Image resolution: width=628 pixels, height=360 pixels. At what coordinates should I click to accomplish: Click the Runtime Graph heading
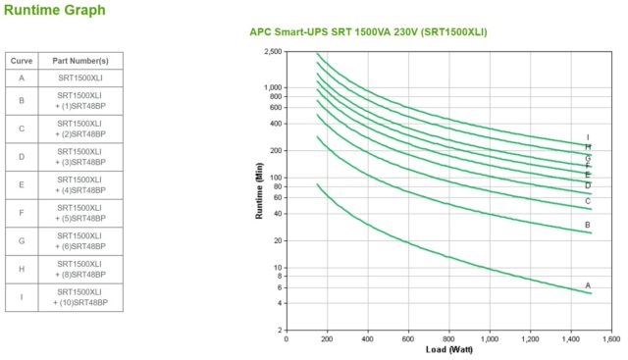point(55,11)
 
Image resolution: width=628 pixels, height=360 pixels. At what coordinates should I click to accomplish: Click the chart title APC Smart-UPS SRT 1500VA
point(369,32)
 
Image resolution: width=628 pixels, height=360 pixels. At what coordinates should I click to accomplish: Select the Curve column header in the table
point(22,61)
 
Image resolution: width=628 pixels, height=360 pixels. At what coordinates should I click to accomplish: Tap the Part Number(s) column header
point(80,61)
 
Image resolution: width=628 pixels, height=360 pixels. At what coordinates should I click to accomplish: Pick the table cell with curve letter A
point(22,77)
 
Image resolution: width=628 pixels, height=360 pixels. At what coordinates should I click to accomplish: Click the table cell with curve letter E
point(22,185)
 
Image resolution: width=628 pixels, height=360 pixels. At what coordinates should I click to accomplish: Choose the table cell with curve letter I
point(22,296)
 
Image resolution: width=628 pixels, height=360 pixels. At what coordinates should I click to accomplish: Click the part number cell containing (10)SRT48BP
point(80,296)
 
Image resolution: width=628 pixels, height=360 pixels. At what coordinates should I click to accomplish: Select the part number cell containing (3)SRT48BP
point(80,156)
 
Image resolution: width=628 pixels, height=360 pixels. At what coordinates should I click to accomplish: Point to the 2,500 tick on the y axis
point(272,52)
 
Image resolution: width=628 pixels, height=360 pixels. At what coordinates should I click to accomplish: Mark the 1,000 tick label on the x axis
point(490,339)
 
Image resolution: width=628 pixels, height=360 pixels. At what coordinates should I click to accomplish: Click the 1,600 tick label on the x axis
point(610,339)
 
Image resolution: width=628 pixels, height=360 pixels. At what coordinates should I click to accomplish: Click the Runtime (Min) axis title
point(260,190)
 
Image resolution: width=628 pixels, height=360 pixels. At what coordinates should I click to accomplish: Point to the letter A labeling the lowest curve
point(588,285)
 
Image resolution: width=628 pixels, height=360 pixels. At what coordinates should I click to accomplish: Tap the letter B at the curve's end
point(588,225)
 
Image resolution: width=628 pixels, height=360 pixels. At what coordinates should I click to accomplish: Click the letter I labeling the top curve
point(588,138)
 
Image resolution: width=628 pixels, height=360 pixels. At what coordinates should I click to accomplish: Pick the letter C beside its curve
point(588,201)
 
